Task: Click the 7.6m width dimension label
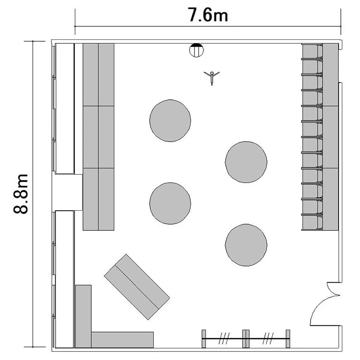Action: [208, 15]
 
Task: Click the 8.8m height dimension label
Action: [21, 194]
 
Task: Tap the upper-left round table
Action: [170, 120]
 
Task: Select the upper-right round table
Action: [246, 162]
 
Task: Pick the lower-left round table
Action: [170, 203]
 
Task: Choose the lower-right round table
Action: [246, 245]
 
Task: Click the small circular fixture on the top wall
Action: [196, 50]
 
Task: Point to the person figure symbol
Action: [212, 78]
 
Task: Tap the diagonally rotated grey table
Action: [137, 287]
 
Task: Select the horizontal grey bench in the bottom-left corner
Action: [122, 339]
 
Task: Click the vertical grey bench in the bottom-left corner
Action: [84, 316]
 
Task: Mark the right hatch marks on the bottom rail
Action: [268, 338]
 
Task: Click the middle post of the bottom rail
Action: [246, 339]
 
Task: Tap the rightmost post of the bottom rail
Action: [288, 339]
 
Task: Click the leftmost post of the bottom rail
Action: [204, 339]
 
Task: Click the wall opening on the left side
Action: [67, 192]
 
